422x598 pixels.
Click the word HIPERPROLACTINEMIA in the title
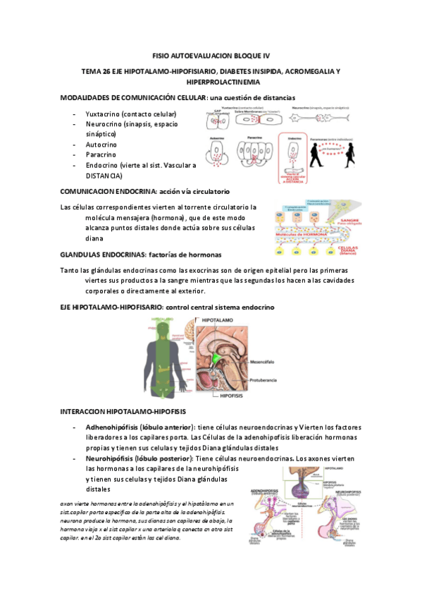210,83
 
